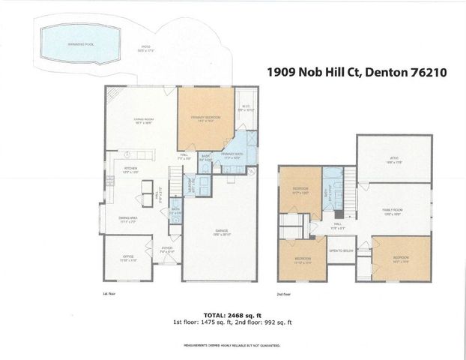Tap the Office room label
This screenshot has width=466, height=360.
(129, 258)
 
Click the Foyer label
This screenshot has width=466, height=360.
(167, 250)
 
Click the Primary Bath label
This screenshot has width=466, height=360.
(233, 155)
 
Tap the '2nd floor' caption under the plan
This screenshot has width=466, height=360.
(284, 295)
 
